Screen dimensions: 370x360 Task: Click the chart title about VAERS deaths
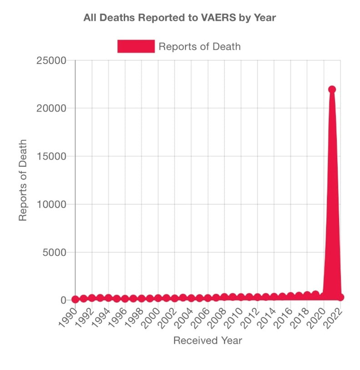tap(180, 18)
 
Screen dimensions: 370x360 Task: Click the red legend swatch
tap(136, 46)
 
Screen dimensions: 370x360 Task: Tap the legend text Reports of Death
tap(199, 46)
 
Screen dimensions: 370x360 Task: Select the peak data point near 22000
tap(332, 90)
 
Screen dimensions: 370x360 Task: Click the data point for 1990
tap(76, 299)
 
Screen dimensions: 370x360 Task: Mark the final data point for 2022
tap(340, 297)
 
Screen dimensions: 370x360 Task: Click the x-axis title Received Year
tap(208, 340)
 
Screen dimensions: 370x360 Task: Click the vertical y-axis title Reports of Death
tap(23, 180)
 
